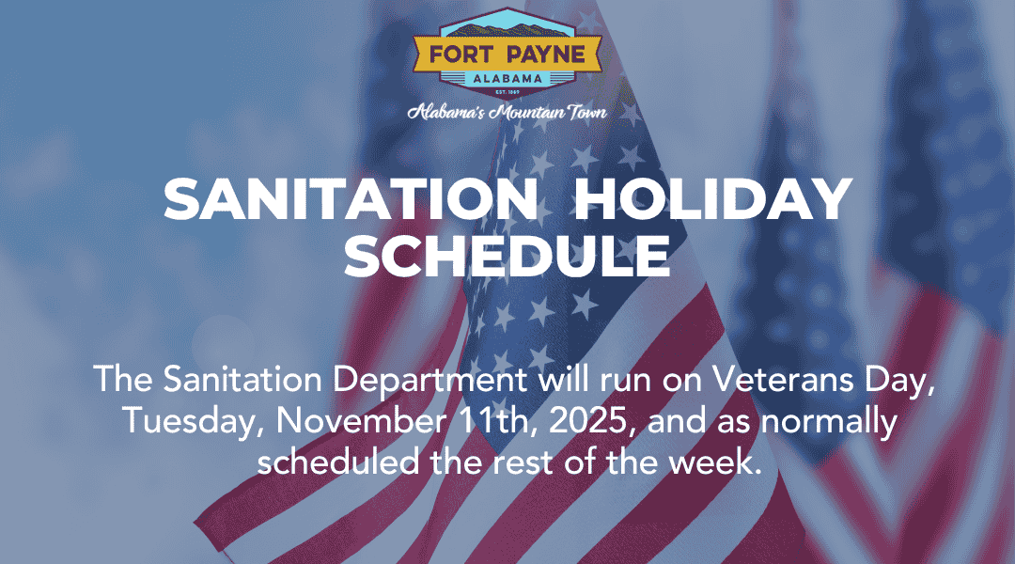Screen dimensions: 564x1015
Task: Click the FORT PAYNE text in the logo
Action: [x=507, y=54]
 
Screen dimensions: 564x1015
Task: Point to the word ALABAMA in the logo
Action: [x=507, y=78]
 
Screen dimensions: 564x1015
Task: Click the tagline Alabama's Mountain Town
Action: [x=507, y=113]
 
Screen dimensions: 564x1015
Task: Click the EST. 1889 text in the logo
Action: [x=507, y=92]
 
